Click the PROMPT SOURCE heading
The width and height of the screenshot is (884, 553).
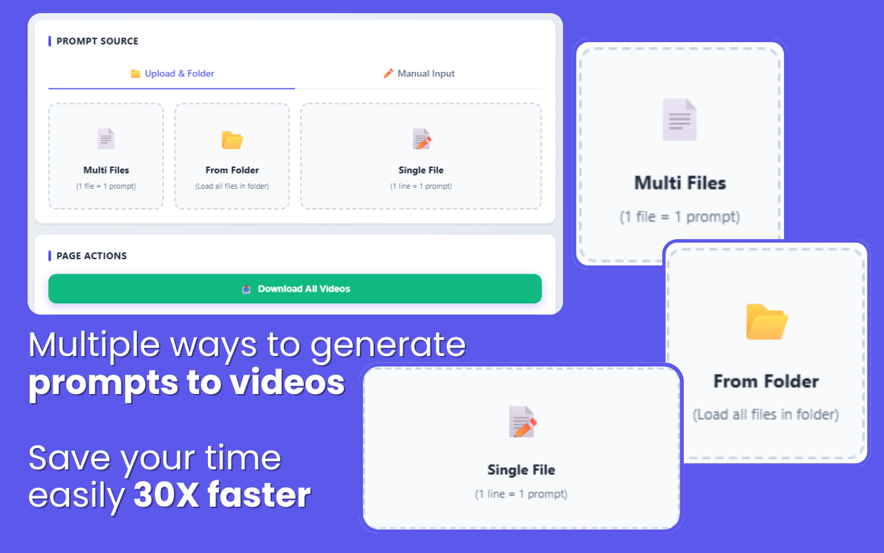click(97, 41)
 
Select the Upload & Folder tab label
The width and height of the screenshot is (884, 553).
click(180, 74)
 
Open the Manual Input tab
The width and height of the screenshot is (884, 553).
click(426, 74)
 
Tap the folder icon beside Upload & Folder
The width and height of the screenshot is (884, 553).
click(135, 74)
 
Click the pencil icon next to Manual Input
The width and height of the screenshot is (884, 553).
click(388, 73)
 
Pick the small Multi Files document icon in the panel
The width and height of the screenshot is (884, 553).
click(106, 139)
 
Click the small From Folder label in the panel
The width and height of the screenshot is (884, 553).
click(232, 170)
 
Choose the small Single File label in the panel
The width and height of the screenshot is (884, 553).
click(421, 170)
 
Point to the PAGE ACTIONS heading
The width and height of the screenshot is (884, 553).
click(92, 256)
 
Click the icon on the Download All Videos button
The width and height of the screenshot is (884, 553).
click(247, 289)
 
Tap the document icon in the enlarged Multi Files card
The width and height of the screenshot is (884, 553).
click(680, 120)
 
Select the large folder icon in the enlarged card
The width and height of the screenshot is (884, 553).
click(767, 322)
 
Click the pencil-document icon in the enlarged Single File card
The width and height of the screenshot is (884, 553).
click(522, 422)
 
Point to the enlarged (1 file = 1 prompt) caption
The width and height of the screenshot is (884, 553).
click(680, 217)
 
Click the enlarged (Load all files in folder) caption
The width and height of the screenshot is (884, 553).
click(766, 415)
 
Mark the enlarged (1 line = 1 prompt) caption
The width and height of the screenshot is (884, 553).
click(521, 494)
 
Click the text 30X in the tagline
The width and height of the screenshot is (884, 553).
click(165, 495)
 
